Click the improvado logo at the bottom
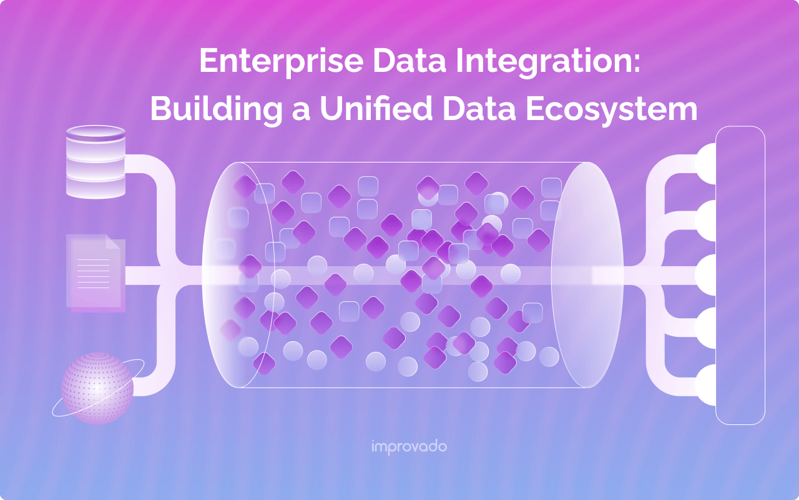[x=409, y=447]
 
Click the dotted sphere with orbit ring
[x=97, y=387]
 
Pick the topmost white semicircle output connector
[x=707, y=164]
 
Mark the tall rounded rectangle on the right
[x=740, y=275]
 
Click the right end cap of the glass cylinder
[x=587, y=275]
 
